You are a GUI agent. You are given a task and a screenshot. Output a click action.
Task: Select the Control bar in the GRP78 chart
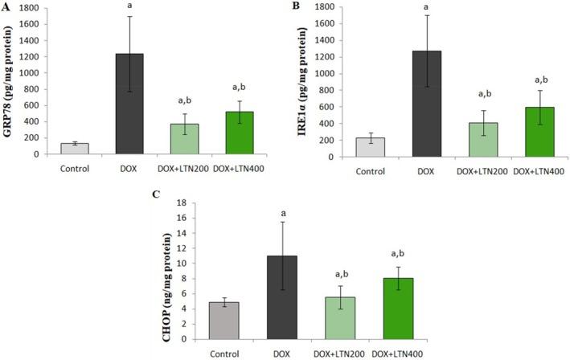click(x=75, y=149)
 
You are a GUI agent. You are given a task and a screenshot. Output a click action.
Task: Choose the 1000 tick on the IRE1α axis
click(x=322, y=73)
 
